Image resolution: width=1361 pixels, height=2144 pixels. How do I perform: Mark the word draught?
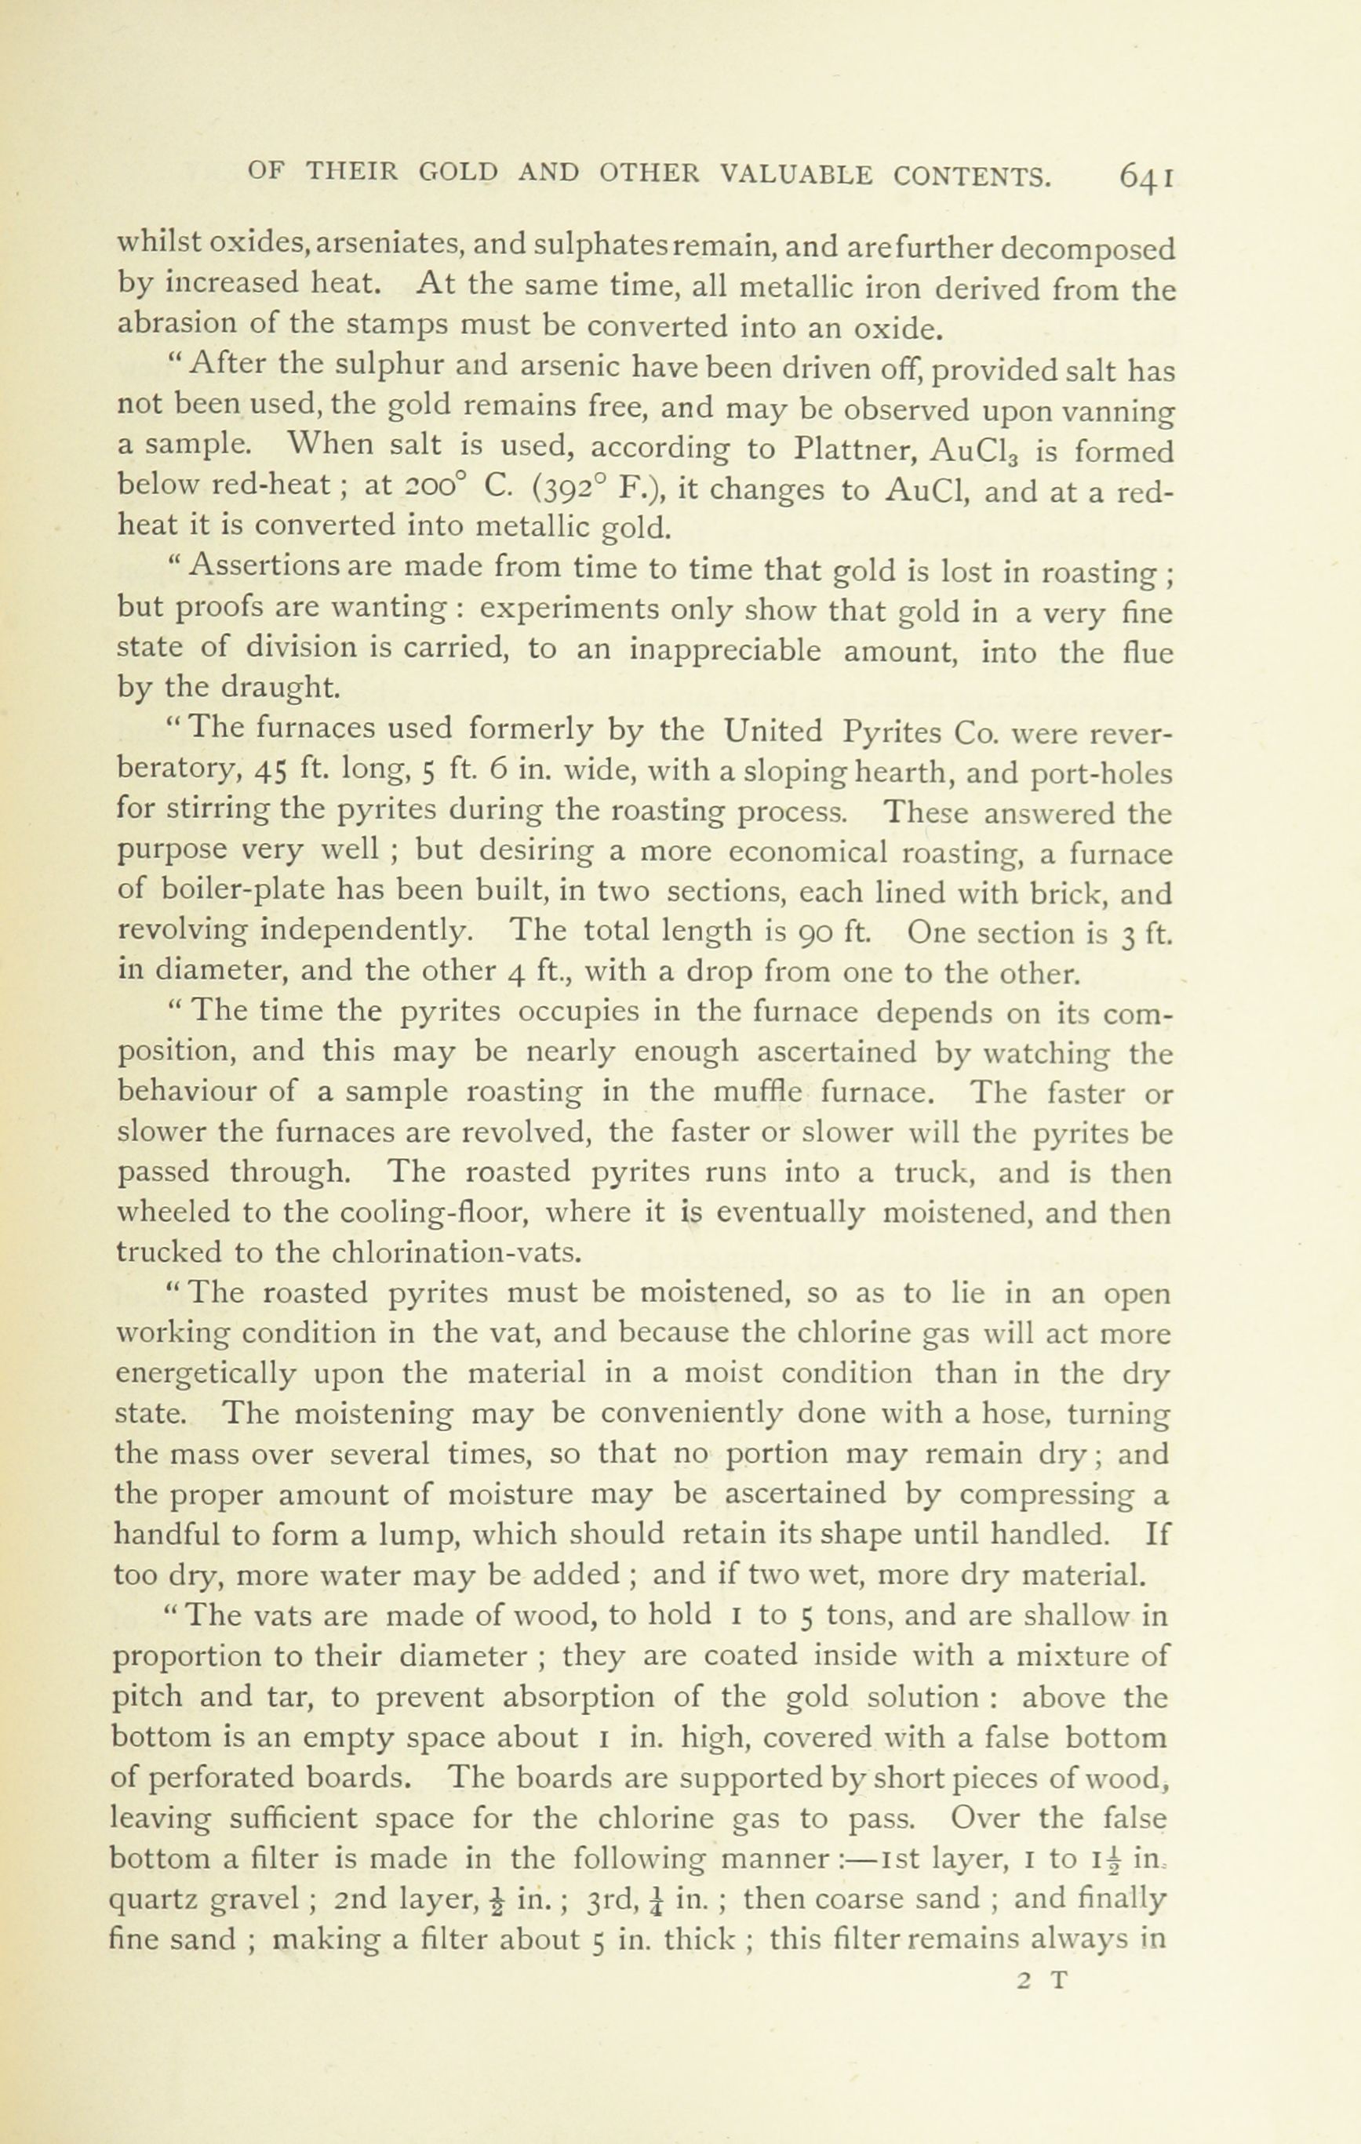[x=267, y=688]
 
